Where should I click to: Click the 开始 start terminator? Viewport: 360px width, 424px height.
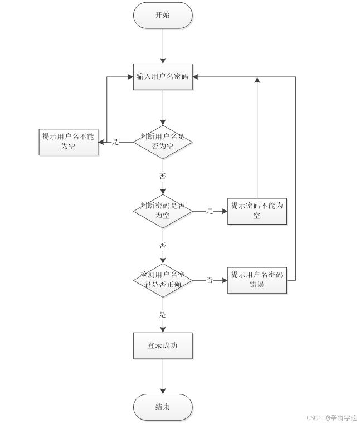tap(163, 15)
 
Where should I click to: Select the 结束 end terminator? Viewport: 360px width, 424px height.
tap(163, 407)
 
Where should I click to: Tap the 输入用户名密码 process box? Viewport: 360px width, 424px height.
tap(163, 77)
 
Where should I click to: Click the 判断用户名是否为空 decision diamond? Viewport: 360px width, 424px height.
tap(163, 142)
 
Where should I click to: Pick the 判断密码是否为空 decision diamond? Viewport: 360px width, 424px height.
tap(163, 211)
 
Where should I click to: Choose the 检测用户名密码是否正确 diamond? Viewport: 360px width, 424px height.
tap(163, 280)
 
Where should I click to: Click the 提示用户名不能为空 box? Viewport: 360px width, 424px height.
tap(69, 142)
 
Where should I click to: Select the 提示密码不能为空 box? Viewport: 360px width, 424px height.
tap(257, 211)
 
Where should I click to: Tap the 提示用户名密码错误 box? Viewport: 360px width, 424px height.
tap(257, 280)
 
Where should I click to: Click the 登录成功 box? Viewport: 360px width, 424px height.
tap(163, 345)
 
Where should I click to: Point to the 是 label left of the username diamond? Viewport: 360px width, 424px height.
tap(115, 142)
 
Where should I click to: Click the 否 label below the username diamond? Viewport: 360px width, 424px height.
tap(163, 176)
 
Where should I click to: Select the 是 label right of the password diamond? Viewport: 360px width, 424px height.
tap(210, 211)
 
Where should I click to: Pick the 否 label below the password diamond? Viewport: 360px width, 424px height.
tap(163, 245)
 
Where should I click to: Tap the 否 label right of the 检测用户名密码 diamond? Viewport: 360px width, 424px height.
tap(210, 280)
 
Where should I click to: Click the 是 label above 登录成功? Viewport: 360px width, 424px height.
tap(163, 315)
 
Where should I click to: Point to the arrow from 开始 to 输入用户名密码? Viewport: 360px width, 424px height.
tap(163, 45)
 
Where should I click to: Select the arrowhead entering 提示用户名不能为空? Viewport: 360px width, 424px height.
tap(102, 142)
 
